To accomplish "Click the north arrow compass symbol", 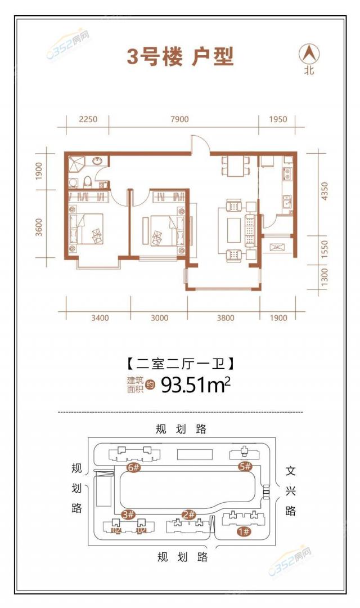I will click(309, 55).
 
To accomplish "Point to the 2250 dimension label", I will click(88, 119).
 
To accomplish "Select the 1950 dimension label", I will click(277, 119).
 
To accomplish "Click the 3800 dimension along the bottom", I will click(225, 318).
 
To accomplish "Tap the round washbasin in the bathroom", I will click(97, 162).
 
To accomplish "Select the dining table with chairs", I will click(235, 166).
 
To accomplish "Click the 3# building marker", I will click(128, 515).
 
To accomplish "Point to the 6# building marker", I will click(133, 467).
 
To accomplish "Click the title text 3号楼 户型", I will click(180, 57).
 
